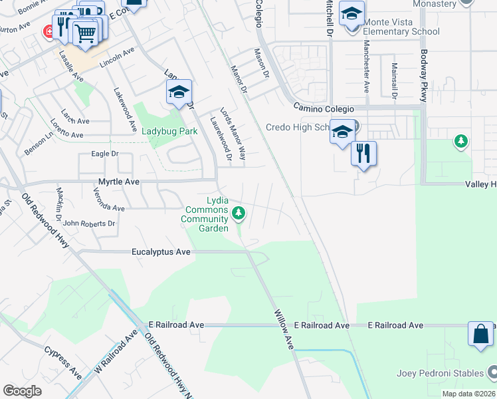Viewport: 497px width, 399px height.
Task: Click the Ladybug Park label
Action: tap(169, 131)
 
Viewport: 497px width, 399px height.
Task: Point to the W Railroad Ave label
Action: tap(110, 355)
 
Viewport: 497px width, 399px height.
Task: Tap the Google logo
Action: tap(23, 390)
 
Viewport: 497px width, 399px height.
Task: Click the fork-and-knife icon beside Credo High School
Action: tap(363, 154)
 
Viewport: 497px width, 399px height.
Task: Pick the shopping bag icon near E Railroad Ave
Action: tap(480, 334)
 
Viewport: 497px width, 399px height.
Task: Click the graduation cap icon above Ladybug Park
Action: tap(179, 92)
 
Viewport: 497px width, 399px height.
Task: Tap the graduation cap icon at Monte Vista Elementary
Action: tap(351, 13)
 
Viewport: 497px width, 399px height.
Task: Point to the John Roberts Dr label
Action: tap(89, 224)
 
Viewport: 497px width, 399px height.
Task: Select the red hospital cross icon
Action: tap(48, 31)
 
